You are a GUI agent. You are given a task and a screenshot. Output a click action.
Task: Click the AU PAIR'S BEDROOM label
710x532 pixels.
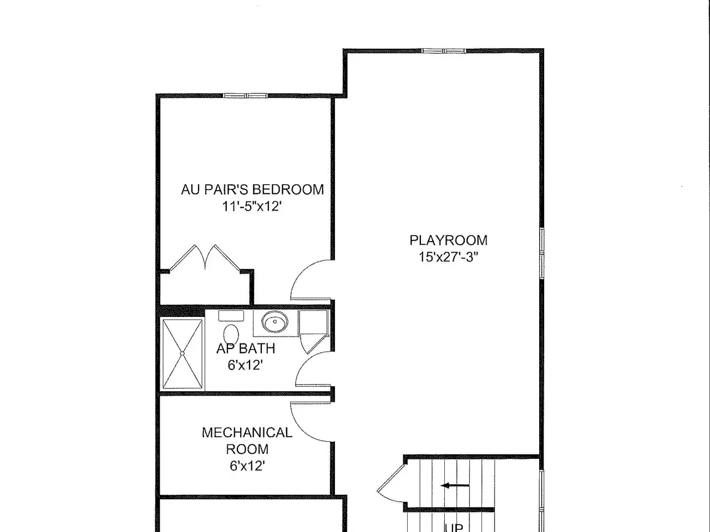(x=252, y=190)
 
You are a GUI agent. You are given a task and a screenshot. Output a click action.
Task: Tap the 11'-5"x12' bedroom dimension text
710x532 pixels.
(x=252, y=206)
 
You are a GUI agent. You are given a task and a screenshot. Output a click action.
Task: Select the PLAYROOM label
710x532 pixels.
(x=448, y=241)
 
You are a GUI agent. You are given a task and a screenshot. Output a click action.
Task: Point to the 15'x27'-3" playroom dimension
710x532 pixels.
(x=448, y=257)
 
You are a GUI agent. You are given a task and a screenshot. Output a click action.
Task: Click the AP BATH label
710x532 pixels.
(x=246, y=349)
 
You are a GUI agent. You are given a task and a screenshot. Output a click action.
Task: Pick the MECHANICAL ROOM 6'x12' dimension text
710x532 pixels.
(x=247, y=466)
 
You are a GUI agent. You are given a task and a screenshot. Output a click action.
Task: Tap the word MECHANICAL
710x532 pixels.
(x=247, y=432)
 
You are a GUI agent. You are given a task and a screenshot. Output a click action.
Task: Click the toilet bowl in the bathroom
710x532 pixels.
(x=231, y=334)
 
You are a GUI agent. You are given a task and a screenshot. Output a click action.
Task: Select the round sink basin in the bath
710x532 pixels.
(x=275, y=322)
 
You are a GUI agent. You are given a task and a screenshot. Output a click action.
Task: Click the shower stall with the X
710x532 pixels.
(x=182, y=354)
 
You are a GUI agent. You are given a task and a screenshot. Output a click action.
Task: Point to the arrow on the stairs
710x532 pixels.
(x=455, y=485)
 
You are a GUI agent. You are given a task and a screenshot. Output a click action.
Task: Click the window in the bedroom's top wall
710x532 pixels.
(x=246, y=96)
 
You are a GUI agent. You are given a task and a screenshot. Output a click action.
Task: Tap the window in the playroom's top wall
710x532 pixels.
(x=444, y=51)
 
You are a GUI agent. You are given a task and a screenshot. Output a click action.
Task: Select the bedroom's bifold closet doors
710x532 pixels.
(x=205, y=257)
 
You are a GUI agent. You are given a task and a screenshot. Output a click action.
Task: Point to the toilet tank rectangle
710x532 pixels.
(x=231, y=316)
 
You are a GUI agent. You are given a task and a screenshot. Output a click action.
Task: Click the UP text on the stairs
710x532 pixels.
(x=454, y=528)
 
